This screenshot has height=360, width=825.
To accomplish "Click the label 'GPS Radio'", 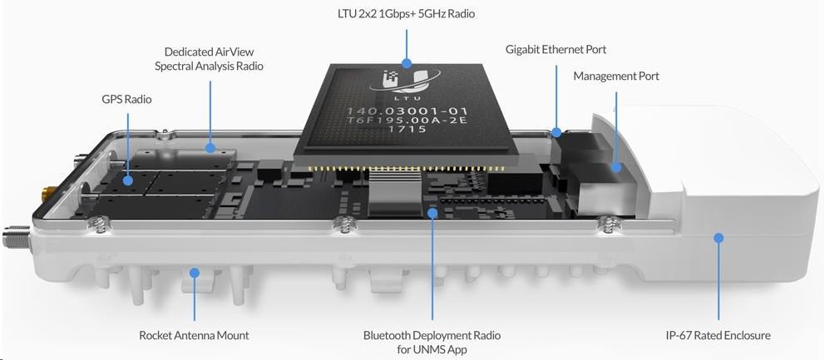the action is (x=126, y=98).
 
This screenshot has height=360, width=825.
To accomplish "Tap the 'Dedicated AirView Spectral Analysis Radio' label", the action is (x=209, y=59).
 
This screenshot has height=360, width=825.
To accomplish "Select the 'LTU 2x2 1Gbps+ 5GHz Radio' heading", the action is (x=406, y=13).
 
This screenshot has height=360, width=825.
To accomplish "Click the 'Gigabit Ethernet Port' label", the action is (x=556, y=50).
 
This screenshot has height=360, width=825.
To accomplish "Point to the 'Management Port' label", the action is (x=616, y=76).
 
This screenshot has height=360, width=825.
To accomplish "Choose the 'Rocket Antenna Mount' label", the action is (x=194, y=335).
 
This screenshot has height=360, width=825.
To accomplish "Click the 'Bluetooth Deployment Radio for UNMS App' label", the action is (x=432, y=342).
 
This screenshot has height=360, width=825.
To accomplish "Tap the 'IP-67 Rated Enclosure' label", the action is (x=718, y=335).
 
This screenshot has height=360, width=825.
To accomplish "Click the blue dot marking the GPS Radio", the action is (x=128, y=180).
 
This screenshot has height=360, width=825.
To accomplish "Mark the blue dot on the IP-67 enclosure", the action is (x=719, y=238).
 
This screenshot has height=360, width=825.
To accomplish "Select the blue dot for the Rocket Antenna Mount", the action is (x=195, y=273).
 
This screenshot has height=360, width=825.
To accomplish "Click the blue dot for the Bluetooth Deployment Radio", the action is (x=432, y=213).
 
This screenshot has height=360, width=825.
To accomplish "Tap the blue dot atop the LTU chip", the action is (x=406, y=64).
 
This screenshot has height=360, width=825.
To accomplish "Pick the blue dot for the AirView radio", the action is (x=210, y=148).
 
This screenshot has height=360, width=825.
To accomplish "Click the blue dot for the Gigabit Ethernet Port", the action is (x=556, y=130).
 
